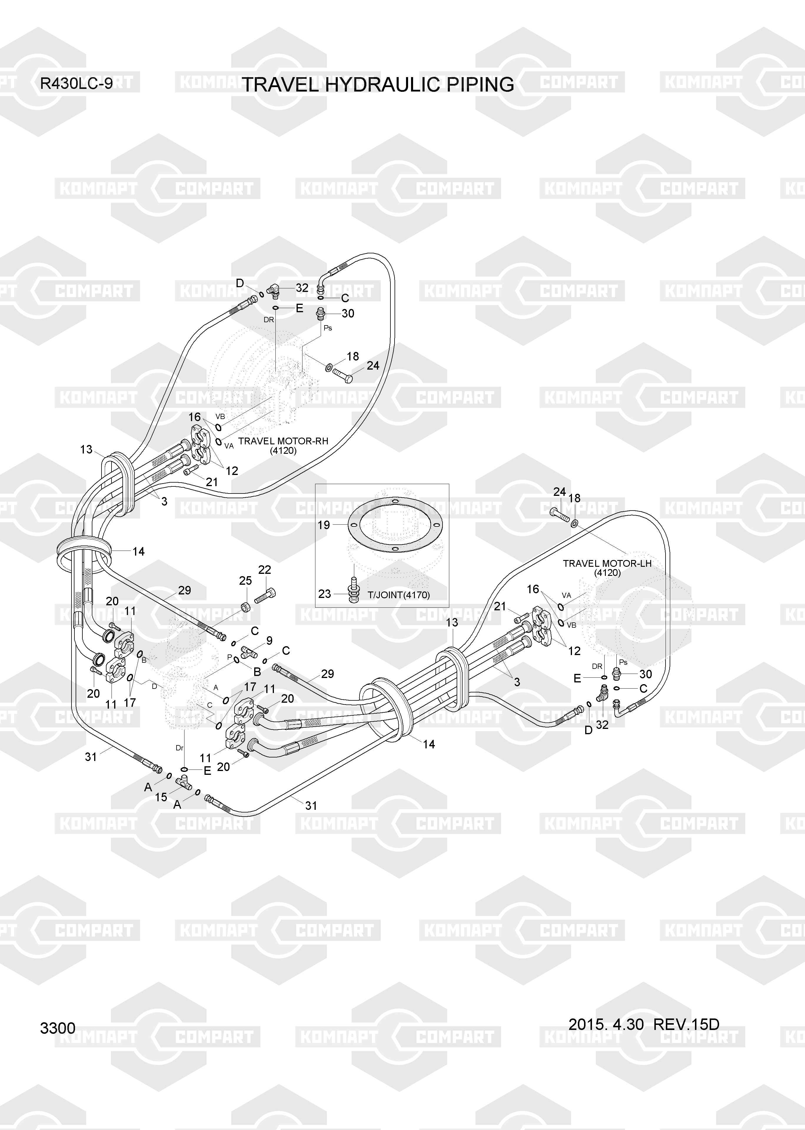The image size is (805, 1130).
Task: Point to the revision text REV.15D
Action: tap(686, 1024)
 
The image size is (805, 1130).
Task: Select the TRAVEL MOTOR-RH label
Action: tap(283, 441)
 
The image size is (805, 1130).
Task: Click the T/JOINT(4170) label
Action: tap(399, 595)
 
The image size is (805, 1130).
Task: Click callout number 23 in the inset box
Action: tap(325, 594)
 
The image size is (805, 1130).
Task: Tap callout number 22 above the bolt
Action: tap(265, 570)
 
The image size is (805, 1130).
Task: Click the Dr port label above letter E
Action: tap(180, 747)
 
